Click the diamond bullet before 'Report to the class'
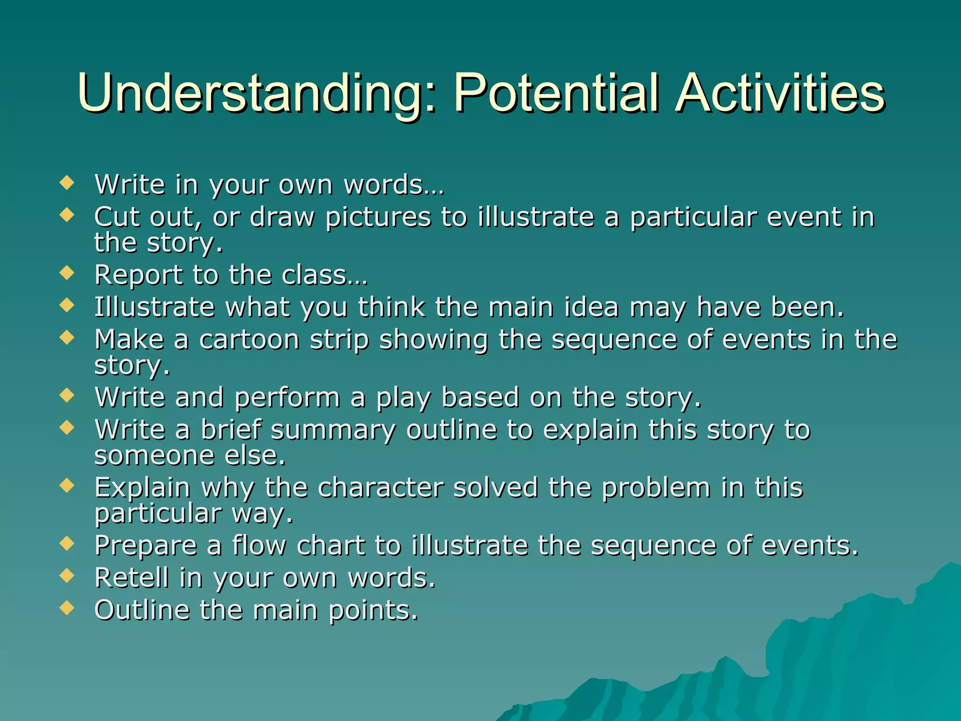click(x=67, y=273)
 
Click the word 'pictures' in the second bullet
click(x=378, y=217)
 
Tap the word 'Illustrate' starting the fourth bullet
click(x=154, y=307)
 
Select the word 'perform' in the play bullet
click(x=287, y=398)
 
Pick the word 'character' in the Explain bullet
click(x=381, y=487)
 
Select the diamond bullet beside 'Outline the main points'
click(x=67, y=608)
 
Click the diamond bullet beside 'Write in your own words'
click(x=67, y=183)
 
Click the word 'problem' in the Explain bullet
click(x=656, y=488)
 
